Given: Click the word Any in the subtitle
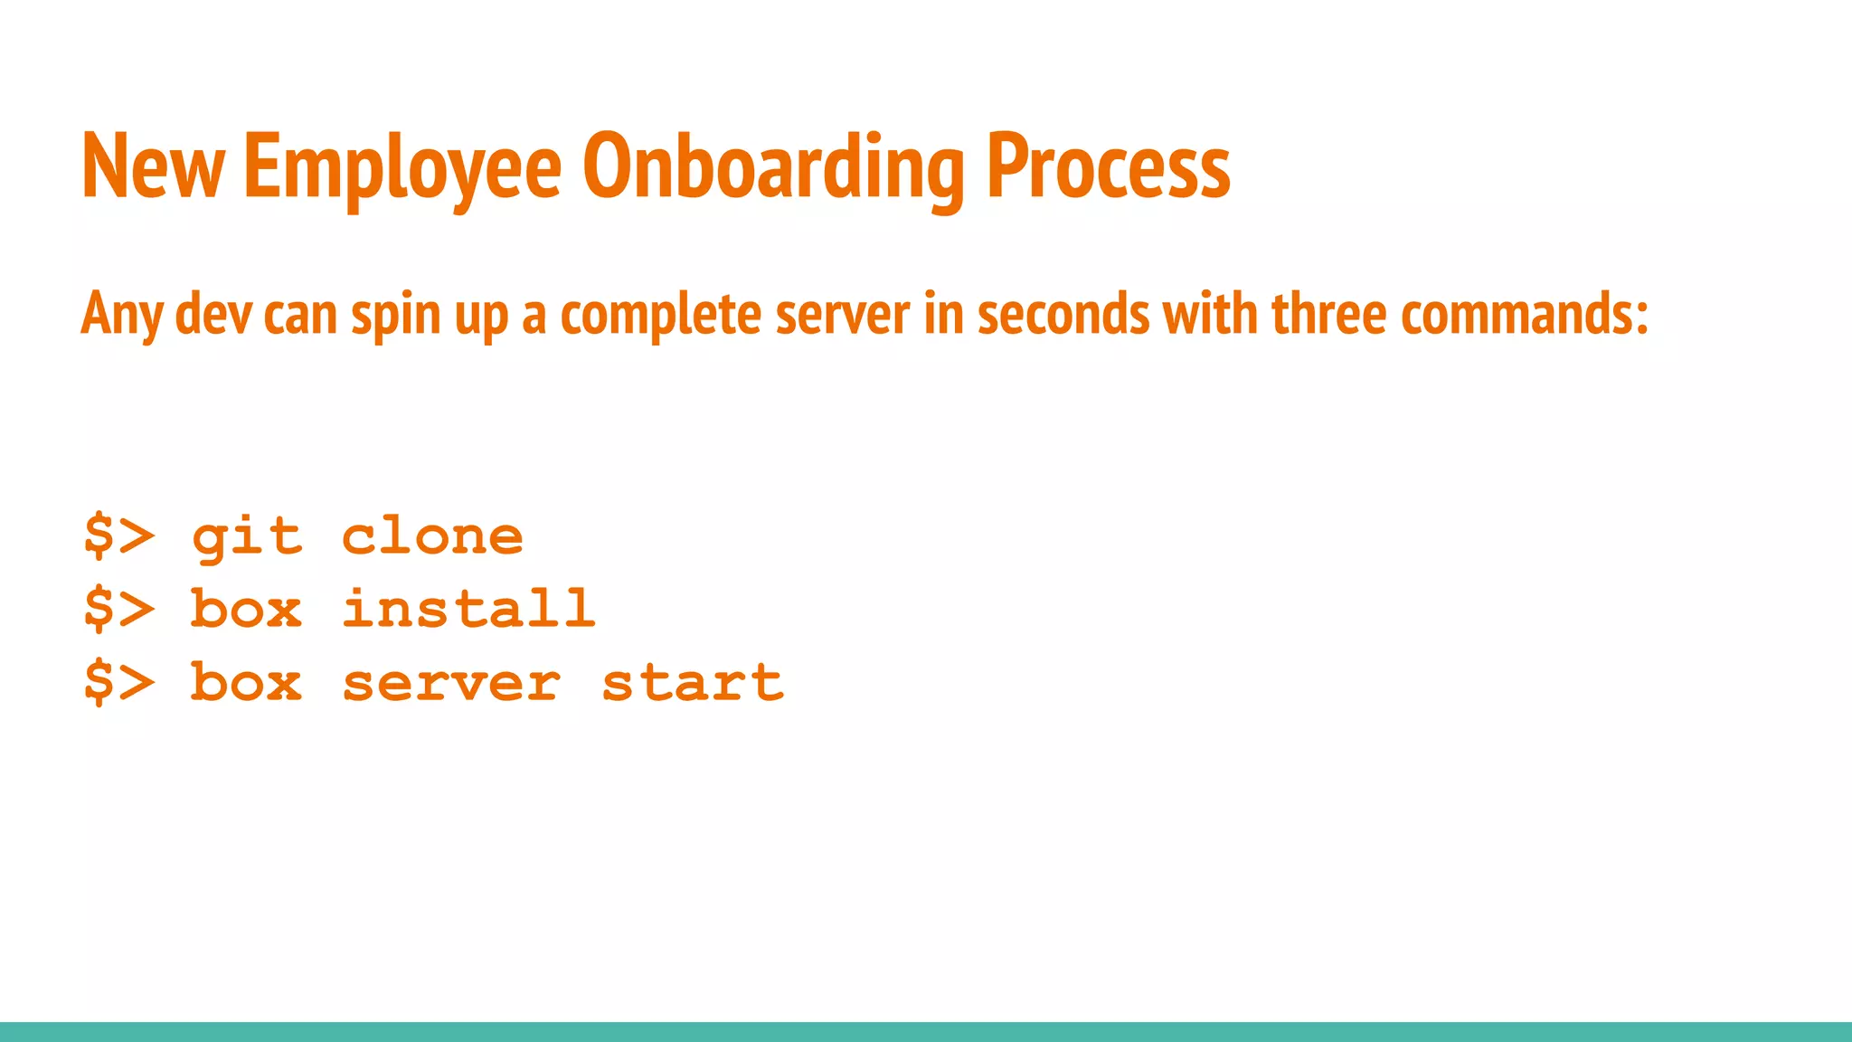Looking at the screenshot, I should pyautogui.click(x=122, y=315).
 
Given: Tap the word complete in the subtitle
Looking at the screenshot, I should pyautogui.click(x=660, y=315).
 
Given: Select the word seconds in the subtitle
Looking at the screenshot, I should pyautogui.click(x=1063, y=315).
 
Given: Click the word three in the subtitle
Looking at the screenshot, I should pyautogui.click(x=1328, y=315).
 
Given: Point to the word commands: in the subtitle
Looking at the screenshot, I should pyautogui.click(x=1525, y=315).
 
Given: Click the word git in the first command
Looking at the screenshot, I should pyautogui.click(x=246, y=537).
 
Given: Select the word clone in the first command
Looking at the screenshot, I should pyautogui.click(x=432, y=537).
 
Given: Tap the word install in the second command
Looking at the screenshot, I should pyautogui.click(x=468, y=609).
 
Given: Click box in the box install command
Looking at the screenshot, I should pyautogui.click(x=246, y=609).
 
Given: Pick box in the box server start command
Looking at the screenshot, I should pyautogui.click(x=246, y=682).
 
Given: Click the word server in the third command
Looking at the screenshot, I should pyautogui.click(x=451, y=682).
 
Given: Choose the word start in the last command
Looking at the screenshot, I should pyautogui.click(x=692, y=682).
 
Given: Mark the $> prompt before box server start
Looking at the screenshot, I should pyautogui.click(x=118, y=682).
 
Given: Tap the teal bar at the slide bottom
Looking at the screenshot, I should pyautogui.click(x=926, y=1032).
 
